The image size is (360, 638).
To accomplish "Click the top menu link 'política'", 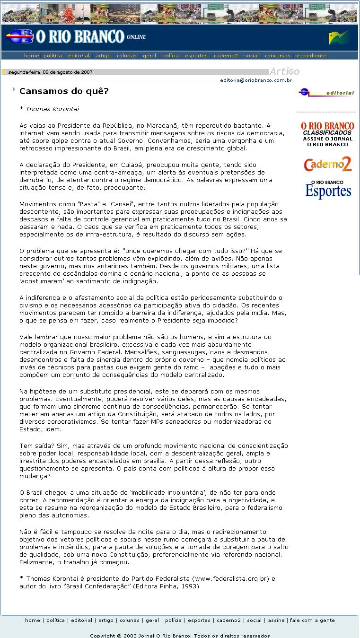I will [53, 56].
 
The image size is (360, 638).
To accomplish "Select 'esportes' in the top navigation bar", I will [196, 56].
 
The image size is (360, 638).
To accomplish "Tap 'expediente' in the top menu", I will [311, 56].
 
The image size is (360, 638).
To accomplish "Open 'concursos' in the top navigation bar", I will [278, 56].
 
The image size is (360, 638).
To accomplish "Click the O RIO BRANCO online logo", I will [76, 37].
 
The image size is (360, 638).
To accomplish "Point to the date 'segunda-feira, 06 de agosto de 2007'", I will [51, 72].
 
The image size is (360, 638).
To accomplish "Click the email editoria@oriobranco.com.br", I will [256, 80].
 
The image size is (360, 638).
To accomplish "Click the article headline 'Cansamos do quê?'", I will [64, 90].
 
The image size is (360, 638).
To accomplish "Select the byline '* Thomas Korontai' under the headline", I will [49, 109].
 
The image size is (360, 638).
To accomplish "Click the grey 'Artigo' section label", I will [284, 71].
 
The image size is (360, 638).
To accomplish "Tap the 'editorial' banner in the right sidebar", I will [326, 93].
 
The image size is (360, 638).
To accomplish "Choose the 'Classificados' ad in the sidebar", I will [328, 134].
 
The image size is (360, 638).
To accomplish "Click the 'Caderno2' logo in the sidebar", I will [328, 164].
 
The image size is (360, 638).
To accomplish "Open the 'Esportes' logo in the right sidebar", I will [328, 189].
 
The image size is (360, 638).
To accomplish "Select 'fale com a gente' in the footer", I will [312, 620].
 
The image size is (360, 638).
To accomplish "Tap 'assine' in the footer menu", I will [276, 620].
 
